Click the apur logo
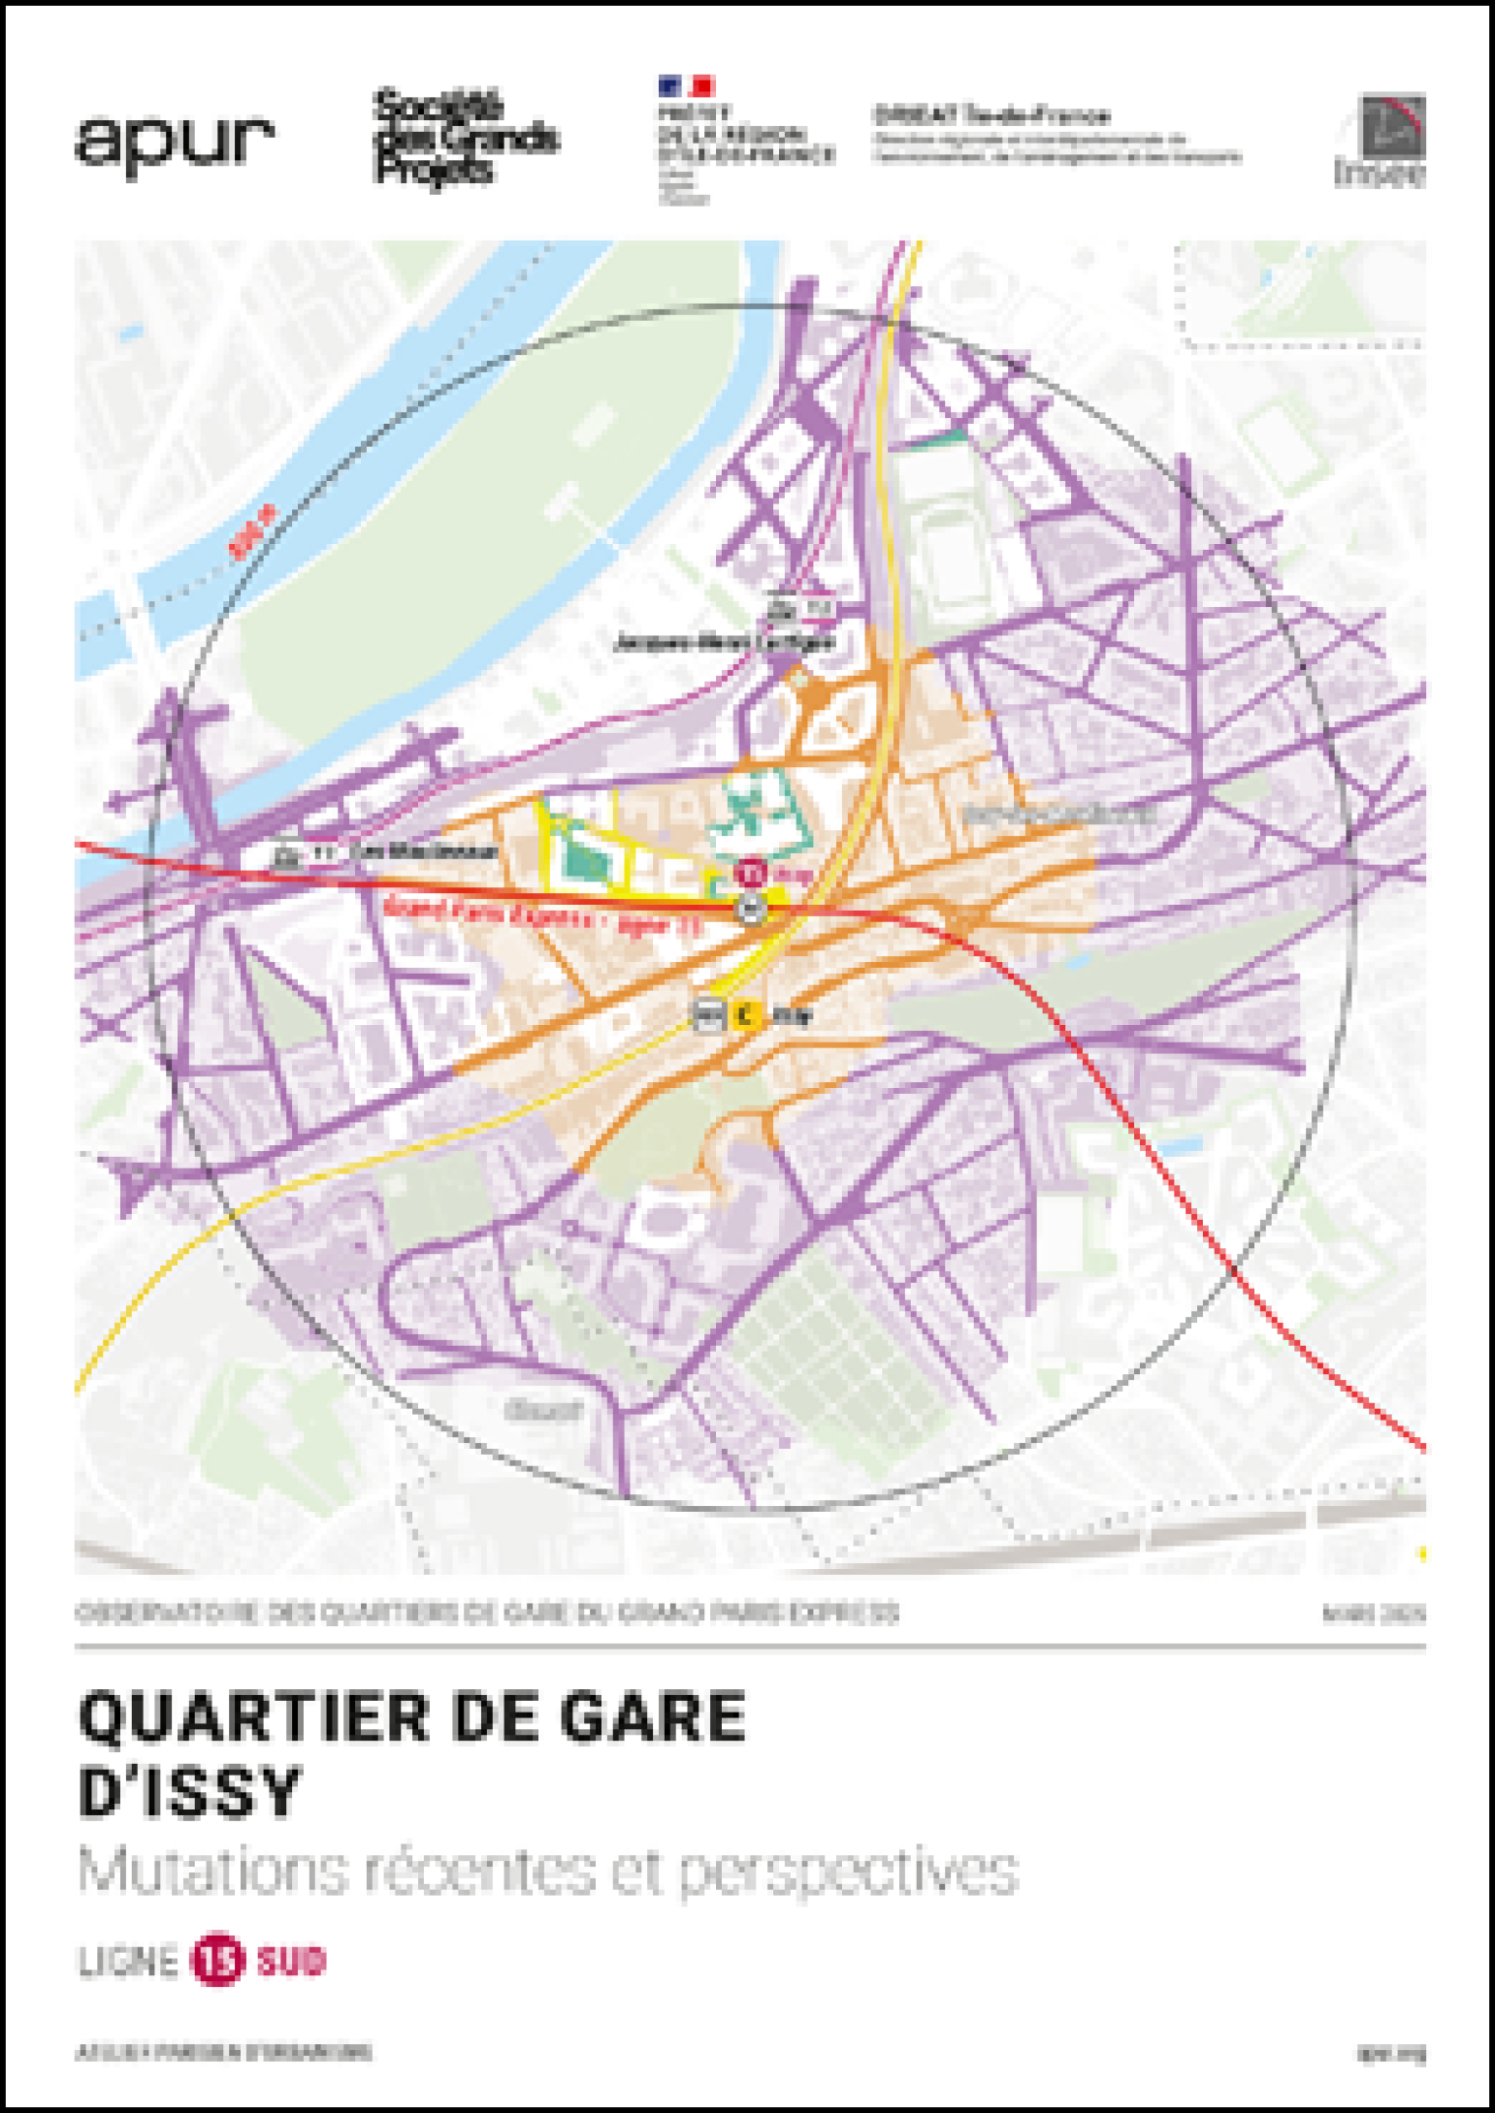[x=174, y=146]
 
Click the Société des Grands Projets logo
[x=464, y=138]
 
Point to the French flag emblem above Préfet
[x=686, y=87]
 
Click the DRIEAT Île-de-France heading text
[x=991, y=115]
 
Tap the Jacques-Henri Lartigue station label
[x=725, y=643]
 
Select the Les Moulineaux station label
[x=431, y=852]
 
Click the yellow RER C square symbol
[x=745, y=1014]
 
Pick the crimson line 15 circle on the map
[x=751, y=872]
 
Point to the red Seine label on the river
[x=253, y=531]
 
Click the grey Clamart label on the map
[x=543, y=1411]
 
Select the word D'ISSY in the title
[x=190, y=1791]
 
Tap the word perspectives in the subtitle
[x=848, y=1871]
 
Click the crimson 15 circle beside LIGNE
[x=217, y=1960]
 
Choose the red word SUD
[x=291, y=1961]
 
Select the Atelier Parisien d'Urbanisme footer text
[x=224, y=2052]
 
